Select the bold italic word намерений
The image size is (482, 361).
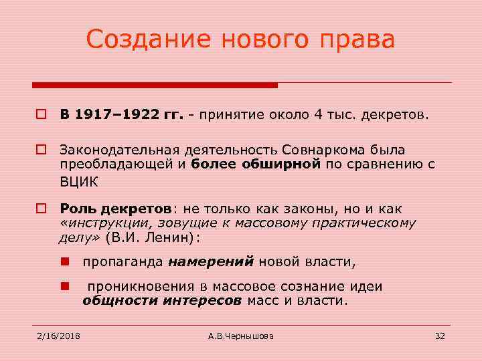[211, 261]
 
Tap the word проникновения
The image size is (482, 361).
[135, 287]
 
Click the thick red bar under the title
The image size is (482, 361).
[155, 86]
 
